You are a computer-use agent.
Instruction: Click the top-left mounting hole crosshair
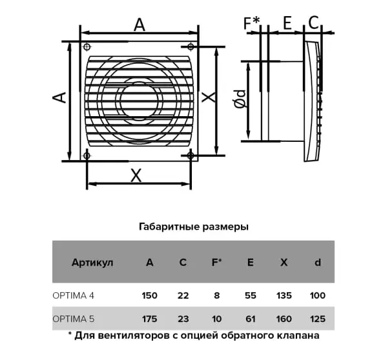coord(87,46)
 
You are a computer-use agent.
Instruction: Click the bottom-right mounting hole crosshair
coord(191,156)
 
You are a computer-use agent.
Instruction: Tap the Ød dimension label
coord(240,99)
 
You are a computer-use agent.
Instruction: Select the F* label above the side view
coord(252,23)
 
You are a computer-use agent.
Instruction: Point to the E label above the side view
coord(287,23)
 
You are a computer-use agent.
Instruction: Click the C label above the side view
coord(313,23)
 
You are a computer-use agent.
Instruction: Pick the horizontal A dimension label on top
coord(140,25)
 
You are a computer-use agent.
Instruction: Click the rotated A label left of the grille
coord(59,97)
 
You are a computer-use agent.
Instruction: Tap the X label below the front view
coord(136,175)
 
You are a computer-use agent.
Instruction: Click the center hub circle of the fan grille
coord(140,101)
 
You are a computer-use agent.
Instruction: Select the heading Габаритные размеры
coord(194,226)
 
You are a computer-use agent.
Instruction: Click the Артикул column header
coord(92,263)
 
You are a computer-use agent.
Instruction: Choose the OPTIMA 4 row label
coord(74,295)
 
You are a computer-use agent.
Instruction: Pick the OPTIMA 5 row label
coord(74,319)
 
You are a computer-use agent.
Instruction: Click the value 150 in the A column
coord(150,295)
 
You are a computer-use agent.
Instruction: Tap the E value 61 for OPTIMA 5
coord(251,319)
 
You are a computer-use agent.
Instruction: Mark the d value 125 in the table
coord(318,319)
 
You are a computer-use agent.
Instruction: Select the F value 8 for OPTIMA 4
coord(216,295)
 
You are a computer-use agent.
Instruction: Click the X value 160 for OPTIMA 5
coord(284,319)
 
